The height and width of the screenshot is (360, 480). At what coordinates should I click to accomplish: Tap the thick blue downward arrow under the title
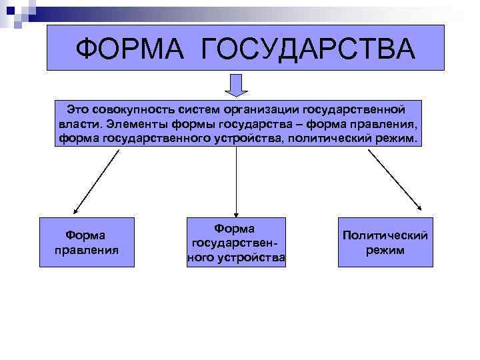click(x=235, y=85)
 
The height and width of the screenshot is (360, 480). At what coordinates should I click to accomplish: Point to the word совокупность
click(x=131, y=108)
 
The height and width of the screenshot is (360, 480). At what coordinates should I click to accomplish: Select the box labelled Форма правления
click(x=87, y=242)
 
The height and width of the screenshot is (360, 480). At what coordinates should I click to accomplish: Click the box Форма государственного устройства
click(x=236, y=242)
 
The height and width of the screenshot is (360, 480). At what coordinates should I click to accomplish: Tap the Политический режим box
click(x=385, y=242)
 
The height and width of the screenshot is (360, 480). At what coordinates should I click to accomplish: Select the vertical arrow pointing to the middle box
click(x=236, y=180)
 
